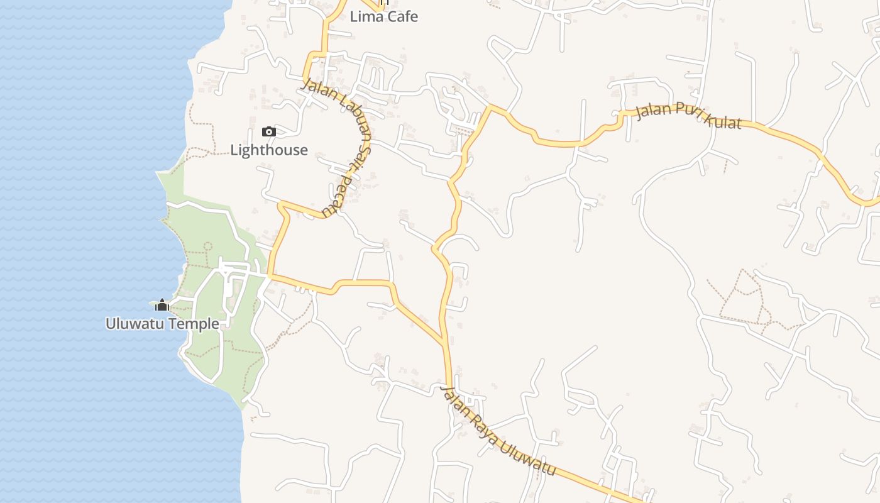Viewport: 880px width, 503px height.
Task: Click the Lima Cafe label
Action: [x=383, y=17]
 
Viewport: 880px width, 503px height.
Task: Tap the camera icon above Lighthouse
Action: [x=268, y=131]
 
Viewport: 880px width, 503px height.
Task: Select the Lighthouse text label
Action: [x=269, y=150]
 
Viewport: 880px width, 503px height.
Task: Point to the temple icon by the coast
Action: [x=162, y=306]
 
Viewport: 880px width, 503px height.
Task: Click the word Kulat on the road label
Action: [x=723, y=120]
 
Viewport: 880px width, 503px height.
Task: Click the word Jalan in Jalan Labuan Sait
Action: [x=316, y=88]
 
